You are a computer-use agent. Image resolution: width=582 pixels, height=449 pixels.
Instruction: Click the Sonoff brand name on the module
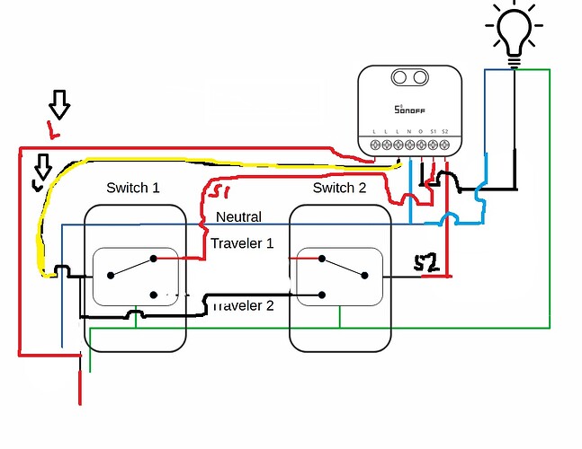point(412,110)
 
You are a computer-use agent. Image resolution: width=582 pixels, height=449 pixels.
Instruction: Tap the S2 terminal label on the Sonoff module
point(444,133)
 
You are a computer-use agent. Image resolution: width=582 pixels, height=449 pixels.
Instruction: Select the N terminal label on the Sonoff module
point(409,133)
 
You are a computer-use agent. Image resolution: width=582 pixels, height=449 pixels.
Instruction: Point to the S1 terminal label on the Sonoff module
point(433,133)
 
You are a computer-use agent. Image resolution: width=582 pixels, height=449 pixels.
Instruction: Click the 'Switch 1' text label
point(132,188)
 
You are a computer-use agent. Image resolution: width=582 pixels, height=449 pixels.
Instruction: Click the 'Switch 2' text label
point(339,188)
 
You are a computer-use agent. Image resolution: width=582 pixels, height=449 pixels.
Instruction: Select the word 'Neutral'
point(239,217)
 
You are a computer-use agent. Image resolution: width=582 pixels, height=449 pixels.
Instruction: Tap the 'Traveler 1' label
point(242,243)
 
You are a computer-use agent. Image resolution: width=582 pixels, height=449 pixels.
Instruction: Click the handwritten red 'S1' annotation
point(219,192)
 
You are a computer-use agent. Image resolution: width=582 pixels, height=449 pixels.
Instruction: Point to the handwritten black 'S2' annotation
point(425,263)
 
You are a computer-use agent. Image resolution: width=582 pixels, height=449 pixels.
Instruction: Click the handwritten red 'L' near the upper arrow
point(54,134)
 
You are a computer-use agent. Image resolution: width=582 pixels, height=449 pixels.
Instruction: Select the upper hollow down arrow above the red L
point(58,105)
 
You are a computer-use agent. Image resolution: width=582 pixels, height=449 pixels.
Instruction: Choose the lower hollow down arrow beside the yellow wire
point(40,168)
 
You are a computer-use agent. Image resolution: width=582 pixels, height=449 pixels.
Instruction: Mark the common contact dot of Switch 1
point(109,277)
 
